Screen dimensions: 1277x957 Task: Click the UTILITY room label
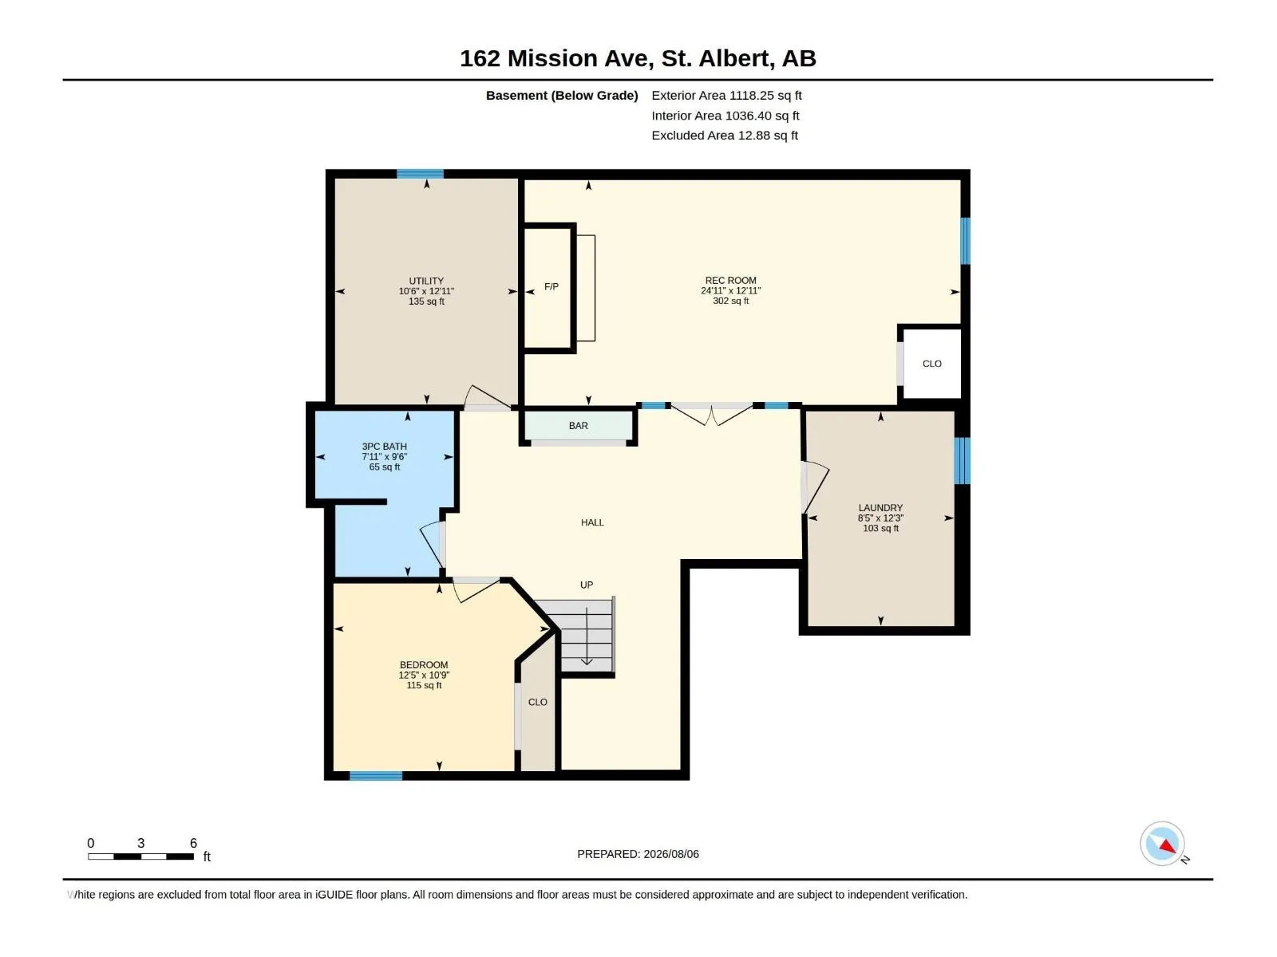point(426,281)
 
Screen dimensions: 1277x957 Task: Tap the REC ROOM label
point(731,280)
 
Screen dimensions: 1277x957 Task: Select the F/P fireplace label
point(551,286)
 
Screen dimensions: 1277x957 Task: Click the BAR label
point(579,425)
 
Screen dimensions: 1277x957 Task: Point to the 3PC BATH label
point(385,447)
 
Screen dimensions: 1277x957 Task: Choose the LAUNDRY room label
point(880,507)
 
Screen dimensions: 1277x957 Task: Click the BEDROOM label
point(424,664)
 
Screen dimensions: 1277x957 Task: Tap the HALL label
point(592,522)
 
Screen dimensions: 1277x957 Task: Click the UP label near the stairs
point(587,585)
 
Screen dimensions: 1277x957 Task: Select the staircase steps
point(586,636)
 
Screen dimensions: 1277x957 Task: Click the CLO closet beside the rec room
point(931,364)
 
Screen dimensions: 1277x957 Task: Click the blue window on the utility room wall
point(420,174)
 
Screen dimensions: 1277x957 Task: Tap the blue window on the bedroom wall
point(376,776)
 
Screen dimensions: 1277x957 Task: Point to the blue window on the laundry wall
point(962,460)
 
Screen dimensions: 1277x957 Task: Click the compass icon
point(1162,844)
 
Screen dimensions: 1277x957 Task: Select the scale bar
point(140,857)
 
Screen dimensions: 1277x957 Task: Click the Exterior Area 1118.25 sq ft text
point(726,95)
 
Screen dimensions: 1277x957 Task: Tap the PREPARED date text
point(638,854)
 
